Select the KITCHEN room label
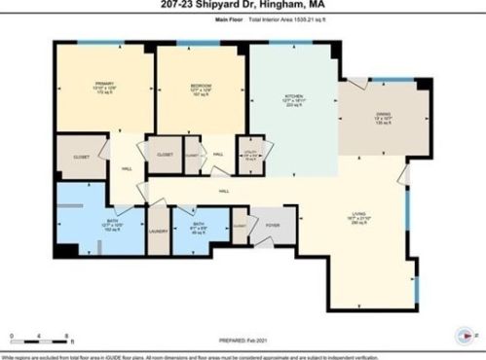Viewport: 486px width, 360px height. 293,96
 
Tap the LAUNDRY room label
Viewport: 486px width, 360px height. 159,232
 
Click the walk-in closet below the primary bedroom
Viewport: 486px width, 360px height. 81,156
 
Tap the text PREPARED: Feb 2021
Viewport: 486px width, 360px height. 243,338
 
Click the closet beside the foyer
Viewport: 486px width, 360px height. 240,225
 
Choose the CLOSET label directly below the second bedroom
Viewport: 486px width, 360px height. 166,154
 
